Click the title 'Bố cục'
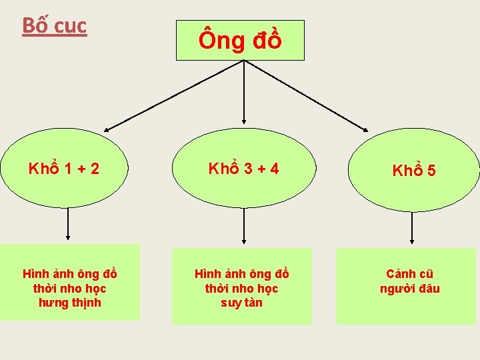(x=55, y=26)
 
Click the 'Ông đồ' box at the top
(x=240, y=41)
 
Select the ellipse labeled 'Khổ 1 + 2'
(x=65, y=169)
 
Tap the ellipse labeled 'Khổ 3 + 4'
(x=243, y=169)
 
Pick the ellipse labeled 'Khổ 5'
(x=414, y=171)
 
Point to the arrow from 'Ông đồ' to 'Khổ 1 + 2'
(x=175, y=95)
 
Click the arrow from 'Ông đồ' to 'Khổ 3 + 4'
(x=244, y=93)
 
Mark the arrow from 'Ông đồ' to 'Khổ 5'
(x=307, y=95)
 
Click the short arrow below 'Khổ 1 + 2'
(x=68, y=226)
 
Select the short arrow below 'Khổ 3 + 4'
(x=244, y=226)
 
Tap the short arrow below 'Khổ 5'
(x=412, y=227)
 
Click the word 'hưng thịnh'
(x=69, y=303)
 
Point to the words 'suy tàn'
(x=241, y=303)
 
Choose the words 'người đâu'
(x=409, y=289)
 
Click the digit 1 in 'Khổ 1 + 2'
(x=69, y=169)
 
